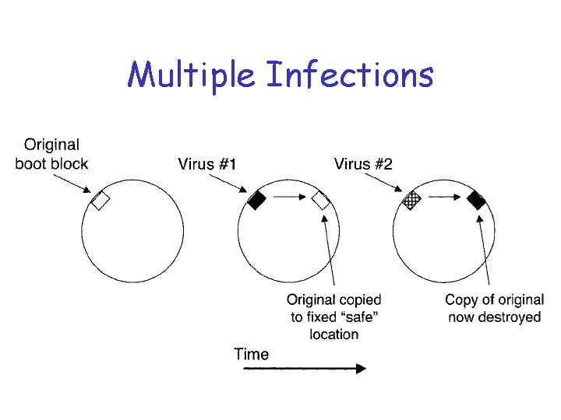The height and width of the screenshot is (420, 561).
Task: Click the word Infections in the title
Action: pyautogui.click(x=350, y=75)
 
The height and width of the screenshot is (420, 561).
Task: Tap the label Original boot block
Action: pyautogui.click(x=51, y=153)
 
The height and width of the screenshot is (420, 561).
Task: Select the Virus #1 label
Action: pyautogui.click(x=208, y=163)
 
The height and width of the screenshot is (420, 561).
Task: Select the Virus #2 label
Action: pyautogui.click(x=363, y=163)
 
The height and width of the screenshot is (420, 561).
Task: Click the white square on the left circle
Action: pyautogui.click(x=101, y=200)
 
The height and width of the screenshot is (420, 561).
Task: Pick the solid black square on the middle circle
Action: pyautogui.click(x=256, y=200)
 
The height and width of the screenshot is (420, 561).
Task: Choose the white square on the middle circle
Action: pyautogui.click(x=321, y=200)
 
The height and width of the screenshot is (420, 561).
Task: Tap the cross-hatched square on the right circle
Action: pyautogui.click(x=412, y=200)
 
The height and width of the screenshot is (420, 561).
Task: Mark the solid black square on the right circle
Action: pyautogui.click(x=477, y=200)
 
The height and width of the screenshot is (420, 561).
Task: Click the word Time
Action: pyautogui.click(x=251, y=355)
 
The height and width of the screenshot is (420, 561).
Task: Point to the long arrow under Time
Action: pyautogui.click(x=304, y=369)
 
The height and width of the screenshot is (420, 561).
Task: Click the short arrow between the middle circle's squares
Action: pyautogui.click(x=289, y=198)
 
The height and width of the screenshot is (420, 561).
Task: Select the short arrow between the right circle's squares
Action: pyautogui.click(x=445, y=198)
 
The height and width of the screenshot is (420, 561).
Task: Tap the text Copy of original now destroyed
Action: pyautogui.click(x=494, y=308)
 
